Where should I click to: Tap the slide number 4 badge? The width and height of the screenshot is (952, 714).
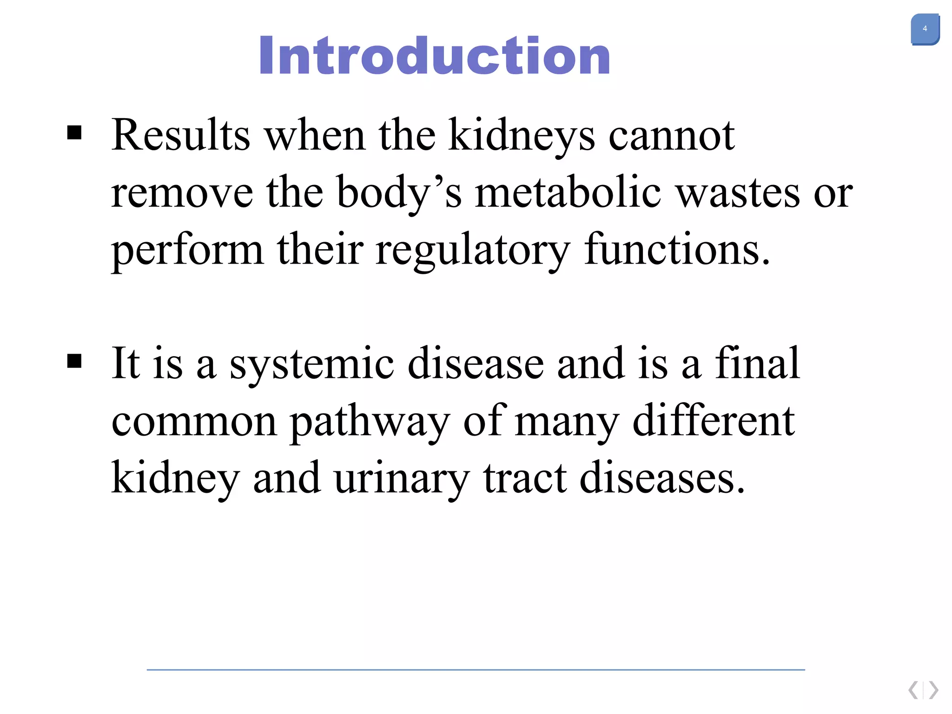click(925, 29)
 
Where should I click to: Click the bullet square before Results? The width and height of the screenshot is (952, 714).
click(74, 133)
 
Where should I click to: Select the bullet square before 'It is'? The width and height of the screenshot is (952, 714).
click(74, 361)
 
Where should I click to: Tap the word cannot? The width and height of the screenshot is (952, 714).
click(671, 136)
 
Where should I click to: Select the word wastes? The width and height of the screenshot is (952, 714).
click(738, 193)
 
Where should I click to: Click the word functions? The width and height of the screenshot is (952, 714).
click(676, 250)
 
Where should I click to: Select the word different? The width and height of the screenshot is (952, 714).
click(714, 420)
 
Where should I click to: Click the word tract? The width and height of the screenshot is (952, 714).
click(525, 478)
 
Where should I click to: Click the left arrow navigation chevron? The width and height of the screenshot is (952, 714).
click(913, 690)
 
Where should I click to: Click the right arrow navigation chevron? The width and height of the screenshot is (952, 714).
click(933, 690)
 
